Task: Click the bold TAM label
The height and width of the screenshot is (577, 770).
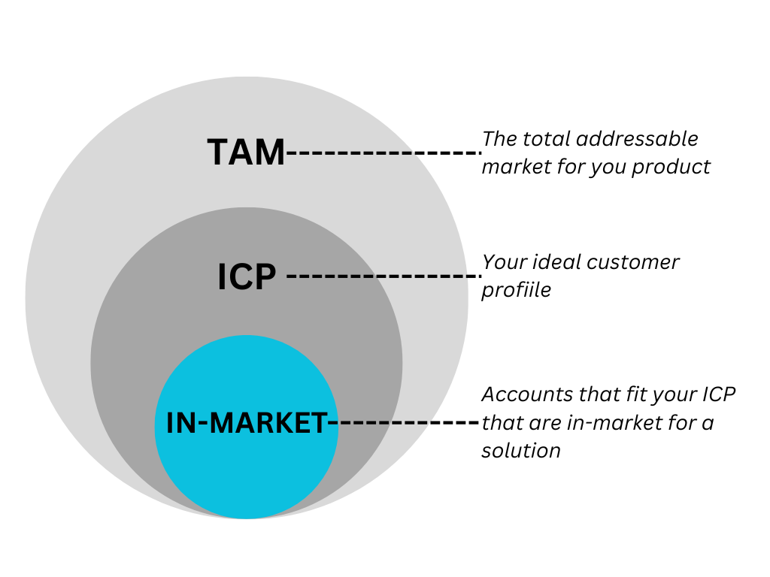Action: pyautogui.click(x=247, y=153)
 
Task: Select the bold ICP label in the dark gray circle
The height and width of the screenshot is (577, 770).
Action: pyautogui.click(x=247, y=276)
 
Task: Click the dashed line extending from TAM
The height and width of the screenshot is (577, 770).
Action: pyautogui.click(x=383, y=153)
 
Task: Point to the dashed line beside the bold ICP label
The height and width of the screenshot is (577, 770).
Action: pyautogui.click(x=383, y=276)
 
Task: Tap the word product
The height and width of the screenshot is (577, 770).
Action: pyautogui.click(x=671, y=166)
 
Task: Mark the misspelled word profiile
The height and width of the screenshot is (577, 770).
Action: pyautogui.click(x=517, y=289)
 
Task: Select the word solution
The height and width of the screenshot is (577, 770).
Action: pyautogui.click(x=521, y=450)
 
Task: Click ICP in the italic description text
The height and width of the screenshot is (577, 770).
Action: pyautogui.click(x=719, y=394)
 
